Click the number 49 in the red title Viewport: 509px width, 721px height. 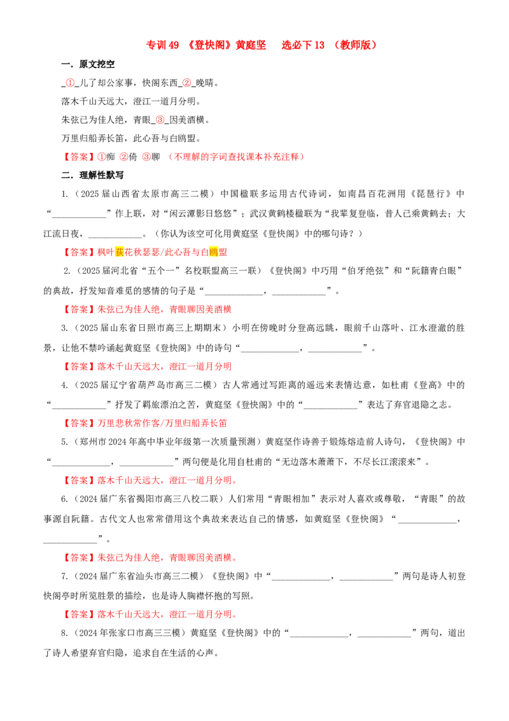174,45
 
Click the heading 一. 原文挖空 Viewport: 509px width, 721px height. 88,64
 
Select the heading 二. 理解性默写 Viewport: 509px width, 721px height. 92,175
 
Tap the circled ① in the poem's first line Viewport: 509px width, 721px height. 70,83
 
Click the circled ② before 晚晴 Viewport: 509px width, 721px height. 186,83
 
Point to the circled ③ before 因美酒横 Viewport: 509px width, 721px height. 160,120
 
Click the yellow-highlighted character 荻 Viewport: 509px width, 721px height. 120,252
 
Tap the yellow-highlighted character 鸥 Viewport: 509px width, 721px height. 214,252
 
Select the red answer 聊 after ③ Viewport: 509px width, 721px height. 156,157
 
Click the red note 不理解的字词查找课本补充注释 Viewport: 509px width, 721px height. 236,157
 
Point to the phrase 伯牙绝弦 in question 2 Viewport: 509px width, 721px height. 368,271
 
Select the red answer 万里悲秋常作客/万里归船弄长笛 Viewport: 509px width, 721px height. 162,423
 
